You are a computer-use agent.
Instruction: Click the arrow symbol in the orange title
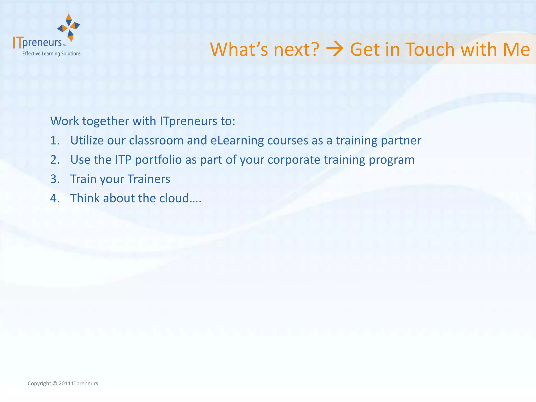(x=334, y=49)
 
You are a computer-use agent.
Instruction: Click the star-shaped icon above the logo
(x=69, y=27)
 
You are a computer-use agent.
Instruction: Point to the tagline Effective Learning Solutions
(x=51, y=54)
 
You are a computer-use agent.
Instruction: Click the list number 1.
(x=55, y=141)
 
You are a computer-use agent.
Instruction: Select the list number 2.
(x=55, y=160)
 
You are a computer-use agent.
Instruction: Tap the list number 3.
(x=55, y=179)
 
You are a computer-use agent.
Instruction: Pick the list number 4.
(x=55, y=198)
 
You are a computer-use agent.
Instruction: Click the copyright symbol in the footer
(x=55, y=384)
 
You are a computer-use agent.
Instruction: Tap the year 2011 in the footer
(x=64, y=384)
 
